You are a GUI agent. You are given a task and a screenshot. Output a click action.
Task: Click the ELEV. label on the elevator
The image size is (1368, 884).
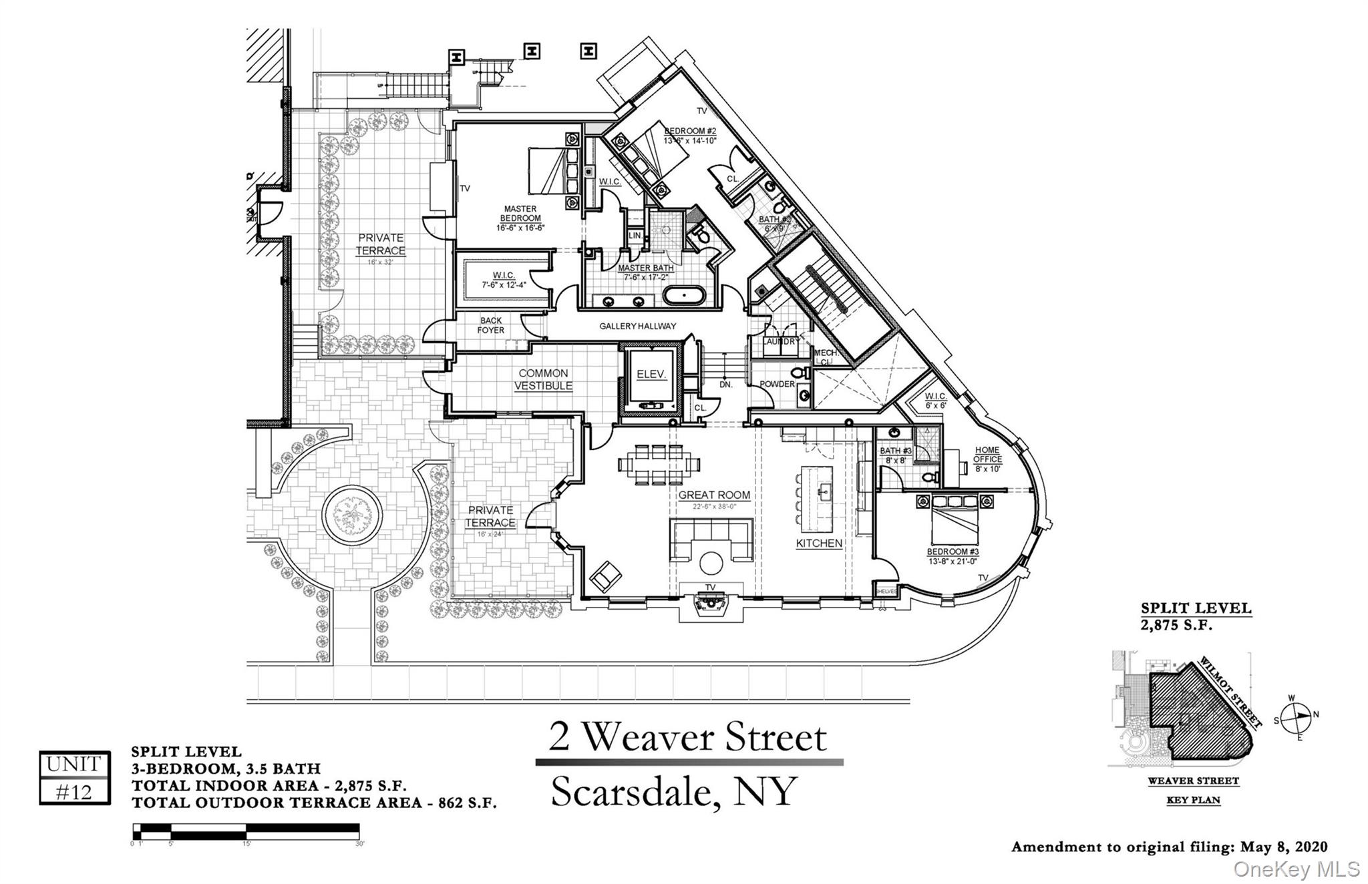pyautogui.click(x=651, y=375)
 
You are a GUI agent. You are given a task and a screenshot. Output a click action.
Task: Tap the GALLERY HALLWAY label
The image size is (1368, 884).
pyautogui.click(x=637, y=326)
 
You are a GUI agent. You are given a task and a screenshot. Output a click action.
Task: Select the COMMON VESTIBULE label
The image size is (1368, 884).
pyautogui.click(x=544, y=379)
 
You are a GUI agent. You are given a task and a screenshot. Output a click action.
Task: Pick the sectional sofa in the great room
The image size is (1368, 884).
pyautogui.click(x=710, y=539)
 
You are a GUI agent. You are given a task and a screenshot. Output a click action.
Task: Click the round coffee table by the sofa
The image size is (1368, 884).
pyautogui.click(x=710, y=562)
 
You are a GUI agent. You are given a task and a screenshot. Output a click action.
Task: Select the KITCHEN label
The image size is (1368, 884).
pyautogui.click(x=819, y=543)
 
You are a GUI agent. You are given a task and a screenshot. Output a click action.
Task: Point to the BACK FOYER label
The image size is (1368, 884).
pyautogui.click(x=491, y=325)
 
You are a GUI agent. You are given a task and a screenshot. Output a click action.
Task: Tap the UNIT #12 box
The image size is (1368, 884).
pyautogui.click(x=74, y=777)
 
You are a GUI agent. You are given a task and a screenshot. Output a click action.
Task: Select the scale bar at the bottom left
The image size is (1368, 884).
pyautogui.click(x=246, y=831)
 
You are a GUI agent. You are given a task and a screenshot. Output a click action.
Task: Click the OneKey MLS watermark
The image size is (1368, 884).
pyautogui.click(x=1296, y=869)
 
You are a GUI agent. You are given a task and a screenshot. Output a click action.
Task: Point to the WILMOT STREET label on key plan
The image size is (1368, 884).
pyautogui.click(x=1230, y=692)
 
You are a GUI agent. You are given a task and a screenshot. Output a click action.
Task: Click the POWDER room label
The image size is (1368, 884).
pyautogui.click(x=778, y=385)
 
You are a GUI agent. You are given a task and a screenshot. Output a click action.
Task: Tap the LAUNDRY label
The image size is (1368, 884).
pyautogui.click(x=781, y=341)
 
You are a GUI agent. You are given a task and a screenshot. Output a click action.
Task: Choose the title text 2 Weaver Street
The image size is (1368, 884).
pyautogui.click(x=688, y=737)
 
